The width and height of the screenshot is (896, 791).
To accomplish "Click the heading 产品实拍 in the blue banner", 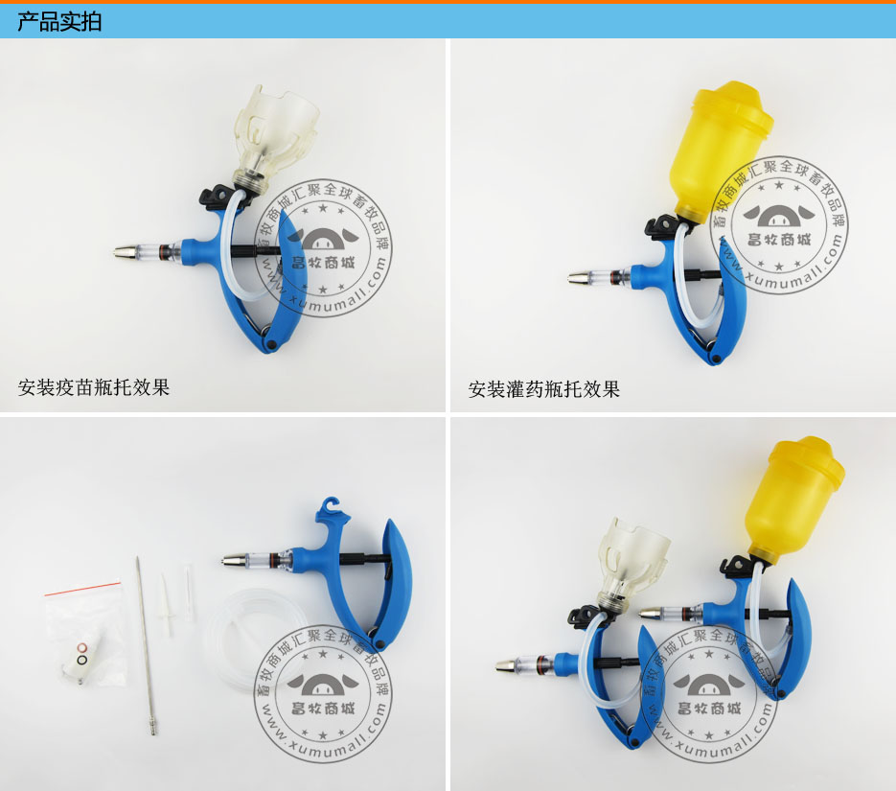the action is click(59, 22).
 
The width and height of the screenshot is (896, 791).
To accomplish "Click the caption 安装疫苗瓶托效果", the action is click(94, 387).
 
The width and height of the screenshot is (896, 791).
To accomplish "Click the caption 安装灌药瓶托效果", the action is click(544, 389).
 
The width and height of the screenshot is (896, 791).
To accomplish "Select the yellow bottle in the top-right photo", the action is click(720, 149).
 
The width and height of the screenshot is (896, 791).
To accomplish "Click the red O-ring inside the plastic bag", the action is click(81, 647).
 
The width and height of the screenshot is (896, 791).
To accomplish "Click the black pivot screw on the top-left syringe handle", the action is click(272, 343).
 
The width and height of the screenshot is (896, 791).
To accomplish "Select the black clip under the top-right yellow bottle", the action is click(663, 226).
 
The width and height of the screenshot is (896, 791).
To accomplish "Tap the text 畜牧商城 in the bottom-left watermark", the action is click(323, 709).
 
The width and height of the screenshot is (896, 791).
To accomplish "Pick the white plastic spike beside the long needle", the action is click(166, 605).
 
